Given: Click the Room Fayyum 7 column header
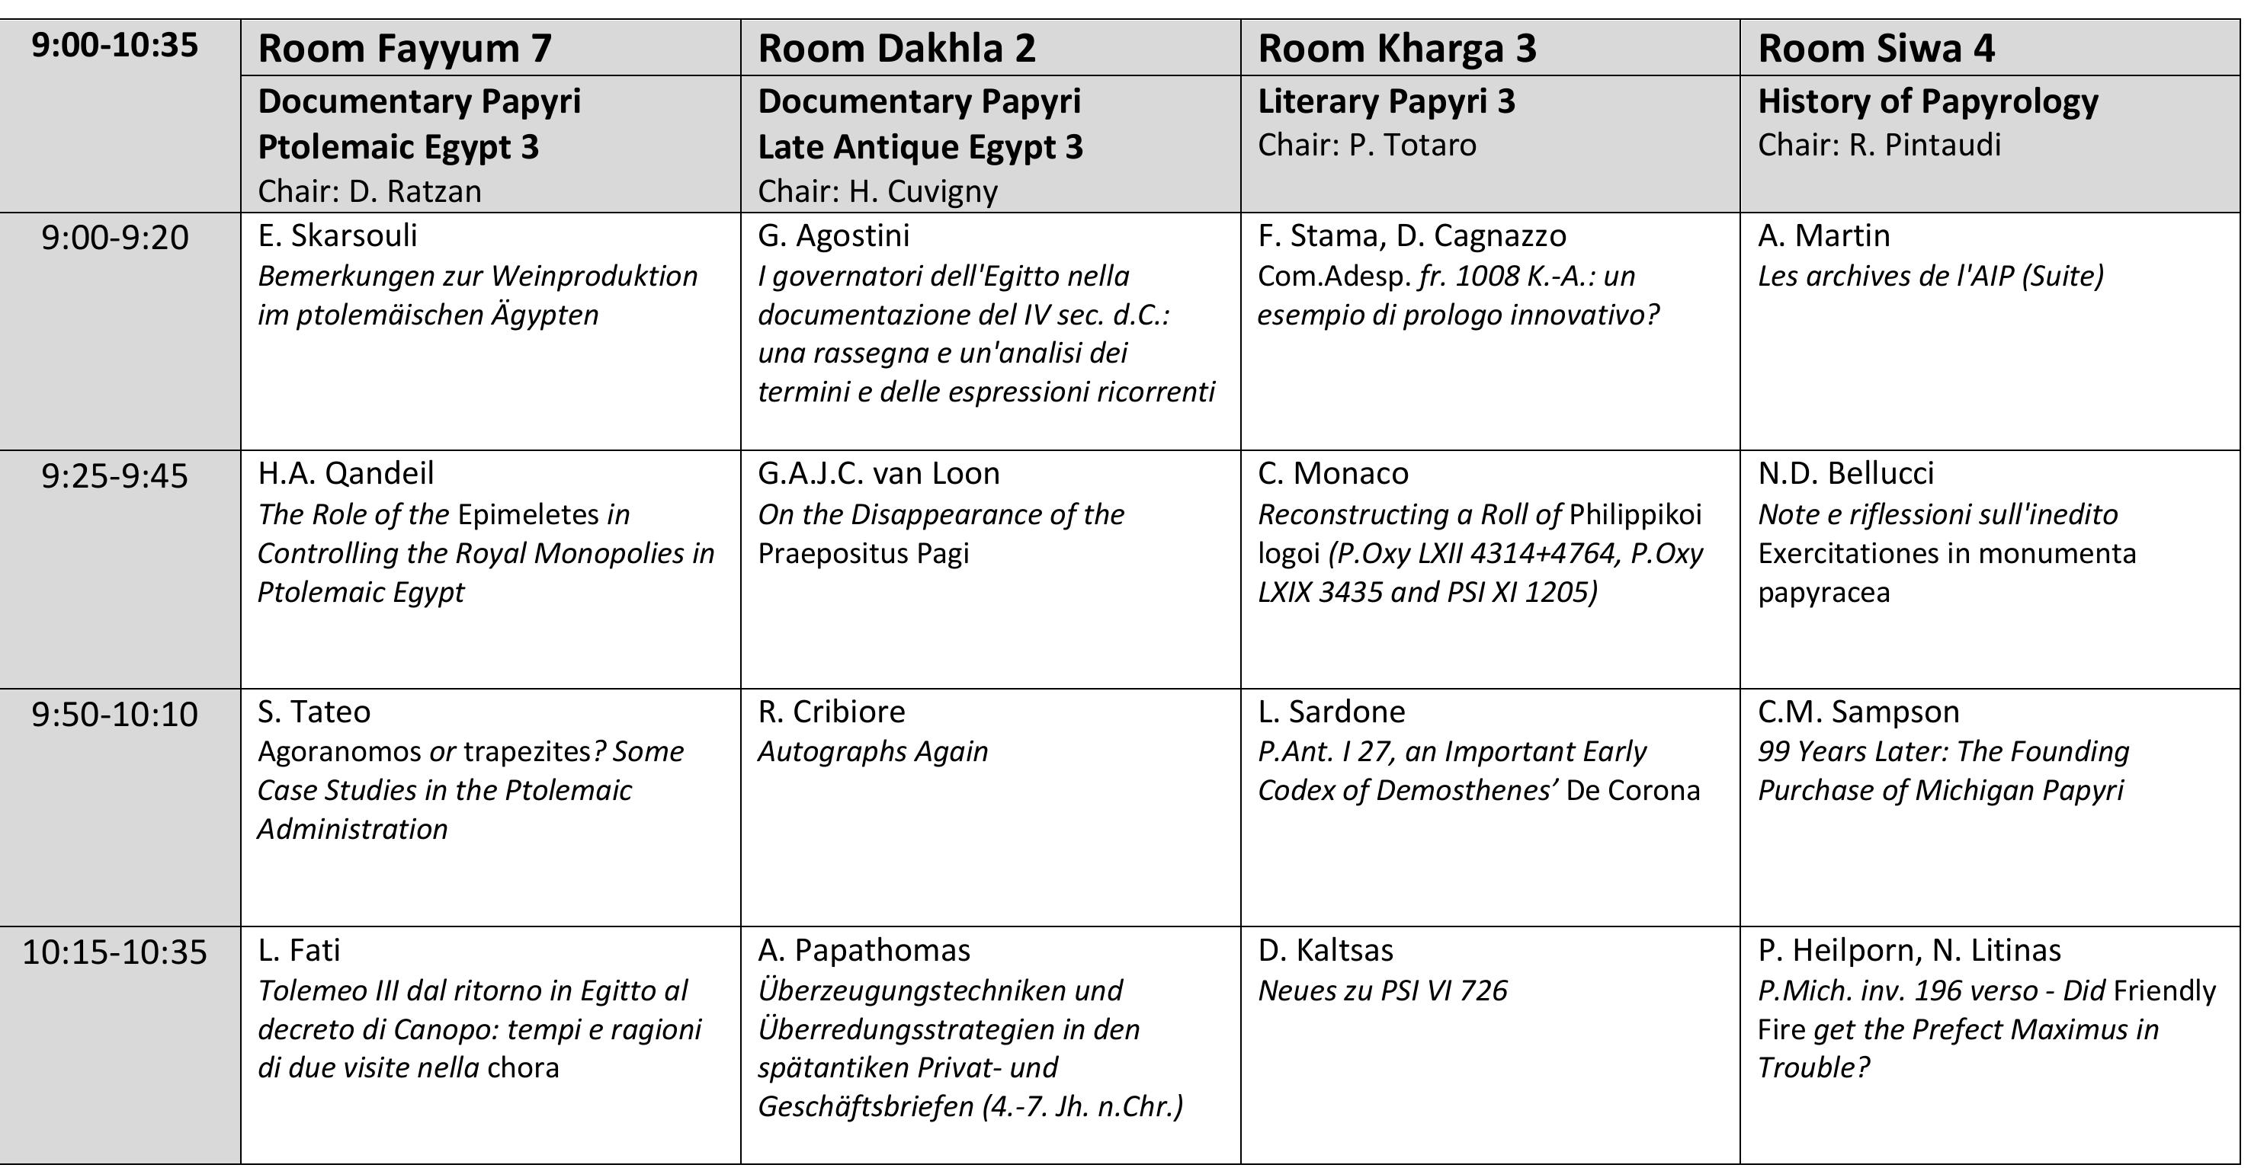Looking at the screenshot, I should click(405, 48).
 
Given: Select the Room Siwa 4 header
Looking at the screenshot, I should click(1876, 48).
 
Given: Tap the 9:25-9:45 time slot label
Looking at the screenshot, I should click(114, 476).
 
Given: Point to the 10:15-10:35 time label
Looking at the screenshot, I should click(114, 952).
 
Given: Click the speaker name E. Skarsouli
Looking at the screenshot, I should click(337, 236).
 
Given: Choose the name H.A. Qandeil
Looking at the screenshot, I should click(345, 473).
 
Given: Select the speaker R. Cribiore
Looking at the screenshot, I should click(831, 712).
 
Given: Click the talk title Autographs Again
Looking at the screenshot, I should click(872, 751).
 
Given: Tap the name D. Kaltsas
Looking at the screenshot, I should click(1325, 950).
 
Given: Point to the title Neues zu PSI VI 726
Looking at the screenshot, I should click(1383, 990).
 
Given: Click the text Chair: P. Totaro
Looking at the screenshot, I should click(1367, 145).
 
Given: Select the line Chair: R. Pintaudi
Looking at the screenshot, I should click(1879, 145).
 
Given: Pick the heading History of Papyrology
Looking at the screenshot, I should click(1928, 101).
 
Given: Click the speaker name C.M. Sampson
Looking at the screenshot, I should click(1858, 712).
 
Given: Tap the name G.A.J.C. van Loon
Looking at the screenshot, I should click(878, 473).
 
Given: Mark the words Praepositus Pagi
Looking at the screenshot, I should click(864, 553).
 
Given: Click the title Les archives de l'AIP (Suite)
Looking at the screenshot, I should click(1930, 276).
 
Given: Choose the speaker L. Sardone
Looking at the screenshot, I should click(1331, 712).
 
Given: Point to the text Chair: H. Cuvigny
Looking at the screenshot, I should click(877, 191).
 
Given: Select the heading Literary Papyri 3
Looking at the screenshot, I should click(1386, 101).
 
